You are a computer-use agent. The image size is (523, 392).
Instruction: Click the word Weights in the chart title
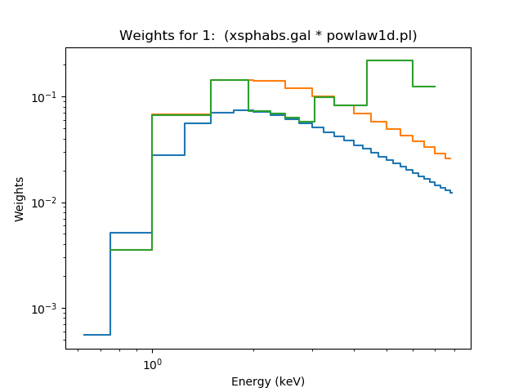point(143,36)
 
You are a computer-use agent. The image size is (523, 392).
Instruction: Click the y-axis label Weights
point(20,198)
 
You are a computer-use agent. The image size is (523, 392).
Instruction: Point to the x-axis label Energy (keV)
point(268,381)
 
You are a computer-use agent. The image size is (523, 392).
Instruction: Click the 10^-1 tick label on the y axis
point(48,97)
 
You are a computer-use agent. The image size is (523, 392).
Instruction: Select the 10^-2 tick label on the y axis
point(48,203)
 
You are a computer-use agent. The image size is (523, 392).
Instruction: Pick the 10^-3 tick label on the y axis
point(48,309)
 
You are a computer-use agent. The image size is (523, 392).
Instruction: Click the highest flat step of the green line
point(390,60)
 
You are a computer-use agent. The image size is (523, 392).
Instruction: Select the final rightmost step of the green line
point(423,87)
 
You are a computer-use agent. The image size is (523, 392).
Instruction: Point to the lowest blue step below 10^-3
point(96,335)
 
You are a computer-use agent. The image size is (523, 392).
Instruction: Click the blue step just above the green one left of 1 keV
point(131,233)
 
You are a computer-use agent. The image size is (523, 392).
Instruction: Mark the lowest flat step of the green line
point(131,250)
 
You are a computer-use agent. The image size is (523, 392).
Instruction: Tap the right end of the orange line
point(450,158)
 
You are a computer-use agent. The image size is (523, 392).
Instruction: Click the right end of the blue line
point(452,193)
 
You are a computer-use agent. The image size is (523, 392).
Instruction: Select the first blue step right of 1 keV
point(168,155)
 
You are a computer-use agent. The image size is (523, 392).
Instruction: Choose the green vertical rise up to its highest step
point(367,82)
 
